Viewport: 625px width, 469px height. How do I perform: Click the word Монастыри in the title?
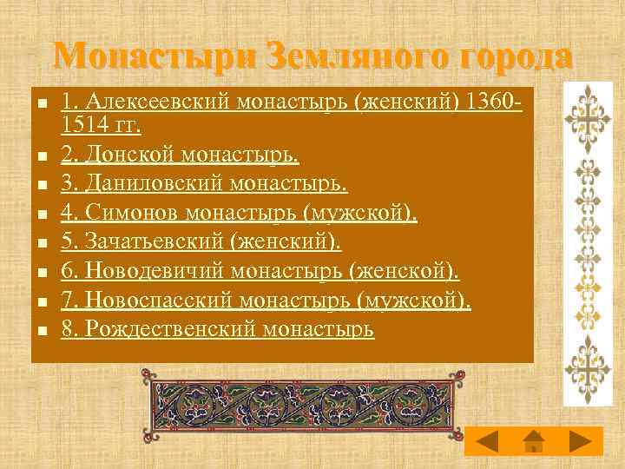point(152,57)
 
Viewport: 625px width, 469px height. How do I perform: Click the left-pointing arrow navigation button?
point(489,440)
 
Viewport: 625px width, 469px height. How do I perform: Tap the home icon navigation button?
point(534,440)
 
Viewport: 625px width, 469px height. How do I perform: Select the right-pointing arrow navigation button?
point(577,440)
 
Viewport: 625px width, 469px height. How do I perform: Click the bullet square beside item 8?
point(40,331)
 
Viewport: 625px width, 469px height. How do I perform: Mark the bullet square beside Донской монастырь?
point(40,156)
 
